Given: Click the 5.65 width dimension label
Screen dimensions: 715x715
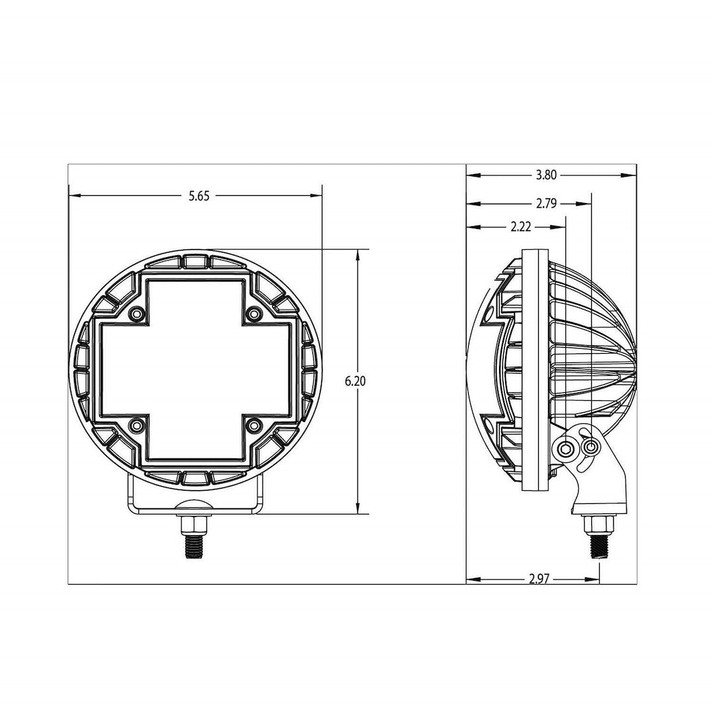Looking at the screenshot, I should coord(199,196).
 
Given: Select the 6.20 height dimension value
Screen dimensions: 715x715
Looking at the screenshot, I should coord(356,382).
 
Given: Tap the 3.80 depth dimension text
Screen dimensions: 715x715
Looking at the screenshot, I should coord(546,175).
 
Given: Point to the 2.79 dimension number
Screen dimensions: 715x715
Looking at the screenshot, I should coord(546,204).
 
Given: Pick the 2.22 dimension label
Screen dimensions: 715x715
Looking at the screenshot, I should coord(521,227).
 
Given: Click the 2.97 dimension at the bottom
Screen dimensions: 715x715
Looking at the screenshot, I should coord(540,579).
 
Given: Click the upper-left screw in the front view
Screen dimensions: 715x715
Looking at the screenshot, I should coord(136,314).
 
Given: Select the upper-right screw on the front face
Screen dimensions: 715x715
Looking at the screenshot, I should coord(254,314).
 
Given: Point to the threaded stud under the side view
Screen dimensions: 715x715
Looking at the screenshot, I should coord(598,546).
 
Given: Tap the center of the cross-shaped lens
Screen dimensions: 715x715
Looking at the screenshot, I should coord(195,369).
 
